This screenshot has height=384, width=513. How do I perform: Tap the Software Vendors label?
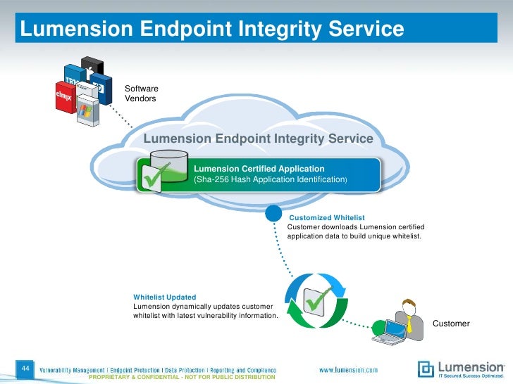click(x=141, y=94)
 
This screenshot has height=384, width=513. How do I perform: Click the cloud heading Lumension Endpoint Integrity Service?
click(x=258, y=139)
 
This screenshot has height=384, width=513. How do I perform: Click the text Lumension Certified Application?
click(x=259, y=169)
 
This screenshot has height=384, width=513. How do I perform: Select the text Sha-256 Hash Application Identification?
click(x=270, y=181)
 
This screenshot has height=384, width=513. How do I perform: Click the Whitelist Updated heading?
click(x=164, y=297)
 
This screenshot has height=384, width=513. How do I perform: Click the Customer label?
click(x=450, y=324)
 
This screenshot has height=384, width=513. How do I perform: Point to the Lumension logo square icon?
click(x=426, y=369)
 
